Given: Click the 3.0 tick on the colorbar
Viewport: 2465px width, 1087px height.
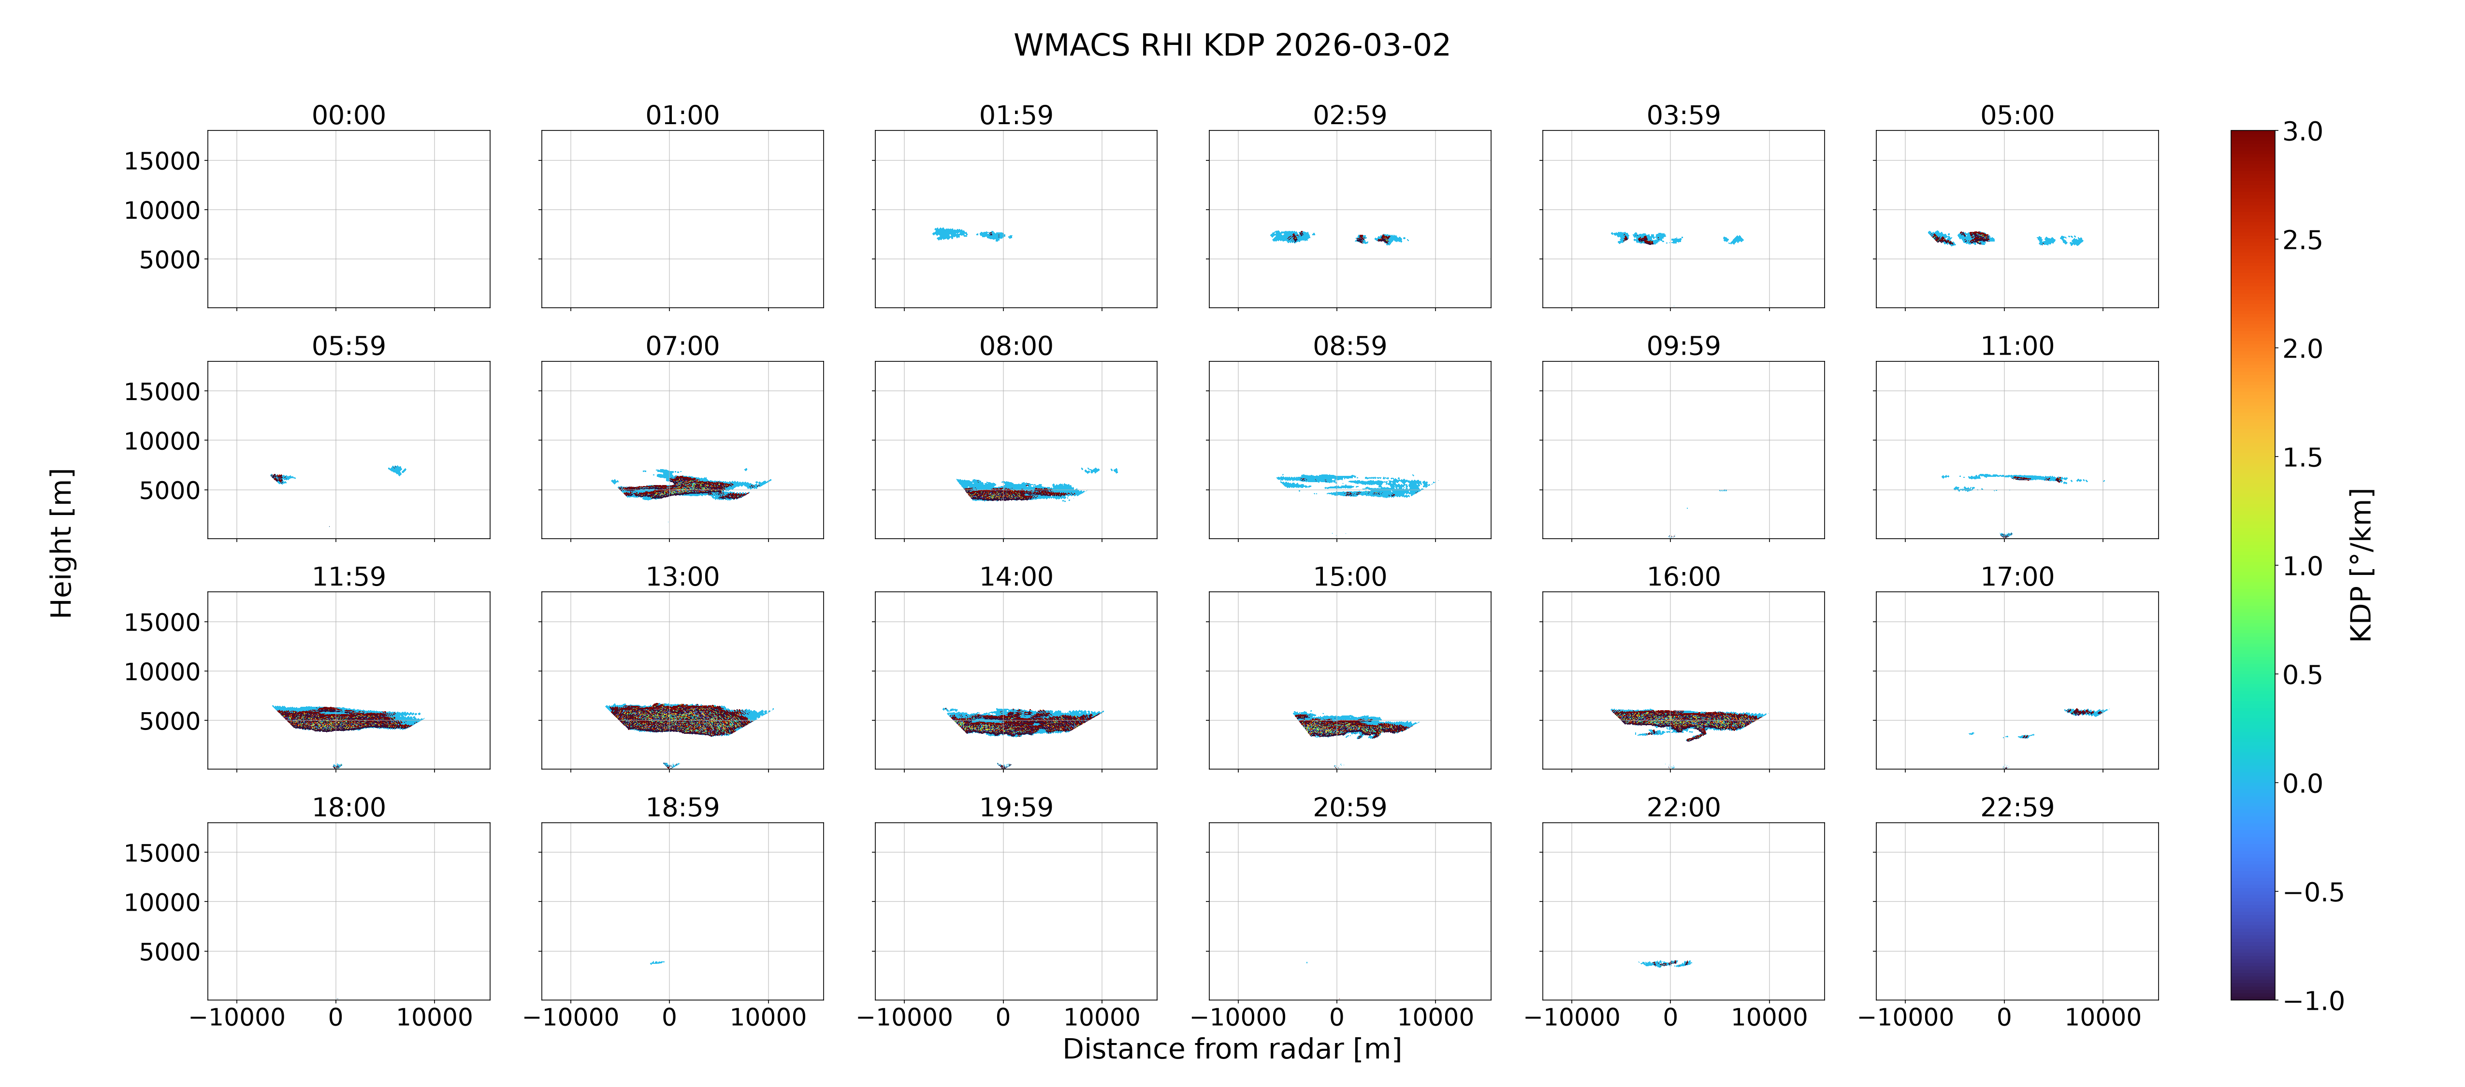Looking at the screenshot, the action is [x=2302, y=132].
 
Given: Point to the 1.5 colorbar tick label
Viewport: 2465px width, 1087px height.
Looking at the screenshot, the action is [x=2302, y=458].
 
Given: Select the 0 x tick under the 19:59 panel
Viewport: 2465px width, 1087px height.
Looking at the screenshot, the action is [x=1003, y=1017].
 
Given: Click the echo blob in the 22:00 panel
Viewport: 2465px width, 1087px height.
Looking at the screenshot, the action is [x=1665, y=963].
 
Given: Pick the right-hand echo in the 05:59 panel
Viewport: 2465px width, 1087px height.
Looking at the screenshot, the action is [x=397, y=470].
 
